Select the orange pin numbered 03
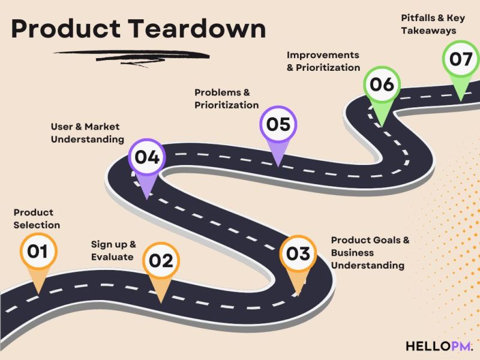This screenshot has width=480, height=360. (x=298, y=253)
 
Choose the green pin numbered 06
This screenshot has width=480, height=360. (x=382, y=85)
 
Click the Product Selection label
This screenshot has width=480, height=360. (x=37, y=218)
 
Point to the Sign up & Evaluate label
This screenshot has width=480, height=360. (x=113, y=250)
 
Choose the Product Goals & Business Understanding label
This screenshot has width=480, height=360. (x=370, y=253)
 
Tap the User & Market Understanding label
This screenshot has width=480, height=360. (x=87, y=133)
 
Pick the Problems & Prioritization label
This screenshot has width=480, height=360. (x=226, y=99)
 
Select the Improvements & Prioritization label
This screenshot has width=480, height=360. (x=323, y=61)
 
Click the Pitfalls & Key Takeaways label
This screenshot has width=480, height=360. (x=433, y=24)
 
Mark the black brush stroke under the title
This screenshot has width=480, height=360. (x=141, y=57)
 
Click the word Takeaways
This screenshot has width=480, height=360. (x=428, y=30)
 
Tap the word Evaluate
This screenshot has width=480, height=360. (x=112, y=257)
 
